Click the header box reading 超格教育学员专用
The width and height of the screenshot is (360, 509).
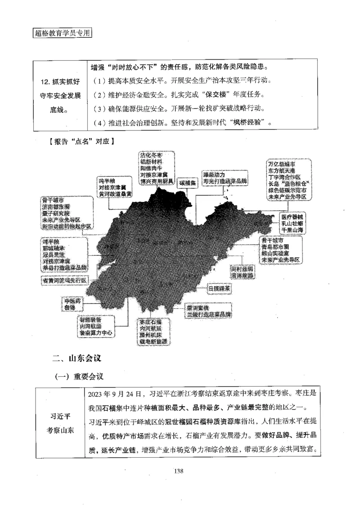coord(62,33)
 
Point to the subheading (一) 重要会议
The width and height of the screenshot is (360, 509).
coord(79,377)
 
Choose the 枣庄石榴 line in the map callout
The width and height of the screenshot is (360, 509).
coord(150,322)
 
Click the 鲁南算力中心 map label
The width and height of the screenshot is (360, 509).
coord(96,333)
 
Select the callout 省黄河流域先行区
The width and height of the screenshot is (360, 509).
coord(63,280)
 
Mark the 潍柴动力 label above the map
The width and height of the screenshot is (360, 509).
coord(214,174)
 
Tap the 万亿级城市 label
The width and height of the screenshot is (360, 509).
coord(282,164)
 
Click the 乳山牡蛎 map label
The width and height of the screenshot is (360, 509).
coord(292,223)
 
